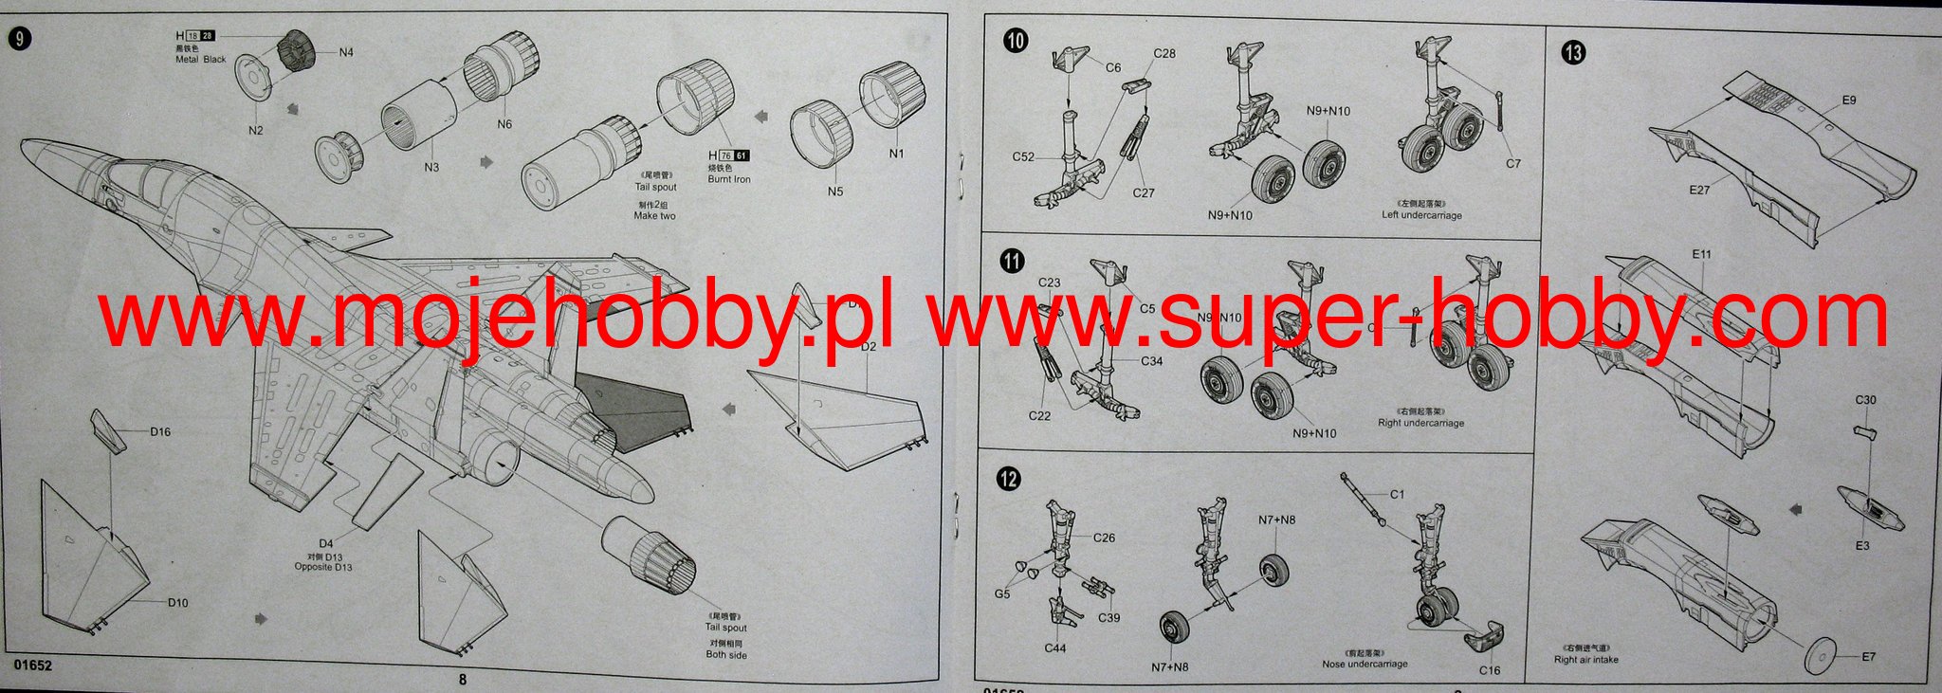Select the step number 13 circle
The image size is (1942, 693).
1573,53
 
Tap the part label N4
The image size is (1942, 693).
346,53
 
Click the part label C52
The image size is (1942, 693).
1023,157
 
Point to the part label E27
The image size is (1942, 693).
1699,191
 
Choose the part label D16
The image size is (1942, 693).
160,432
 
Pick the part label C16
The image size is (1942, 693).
1490,670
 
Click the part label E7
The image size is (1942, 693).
1868,657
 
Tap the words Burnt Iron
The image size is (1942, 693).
728,179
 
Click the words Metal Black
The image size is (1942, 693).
201,59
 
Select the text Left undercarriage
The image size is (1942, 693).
1421,215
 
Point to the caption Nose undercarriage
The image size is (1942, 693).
1365,664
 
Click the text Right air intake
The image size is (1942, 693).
1585,659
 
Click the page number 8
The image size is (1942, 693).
463,679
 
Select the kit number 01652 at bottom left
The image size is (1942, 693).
32,666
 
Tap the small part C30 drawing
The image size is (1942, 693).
1864,432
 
